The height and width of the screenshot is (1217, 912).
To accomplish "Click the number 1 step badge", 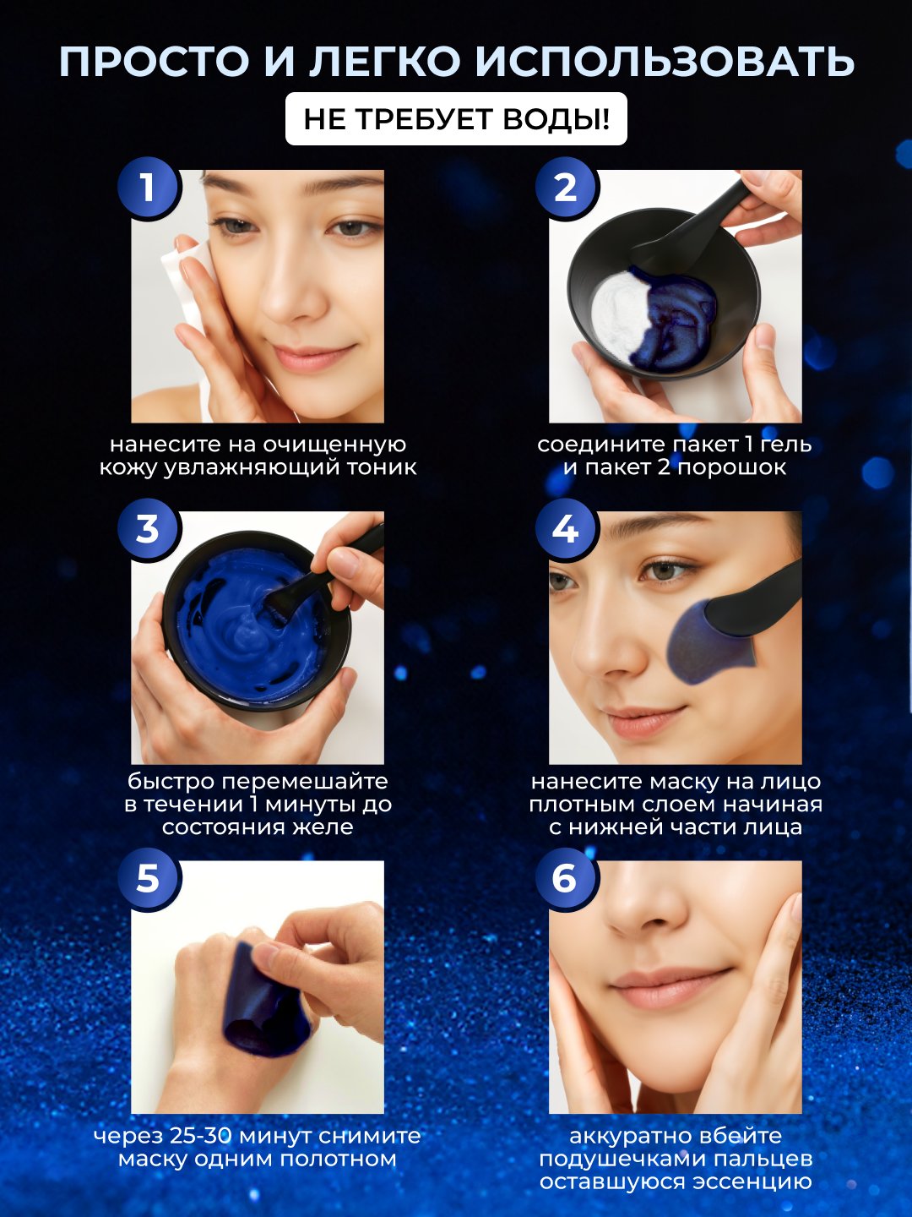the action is point(147,188).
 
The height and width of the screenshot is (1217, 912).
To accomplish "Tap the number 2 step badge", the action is point(566,188).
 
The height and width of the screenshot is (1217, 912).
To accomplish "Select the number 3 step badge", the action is point(147,529).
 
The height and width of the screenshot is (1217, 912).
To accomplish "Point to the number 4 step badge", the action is point(566,529).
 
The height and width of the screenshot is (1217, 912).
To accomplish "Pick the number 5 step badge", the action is point(147,879).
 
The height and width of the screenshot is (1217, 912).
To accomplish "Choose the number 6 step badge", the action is point(566,879).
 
